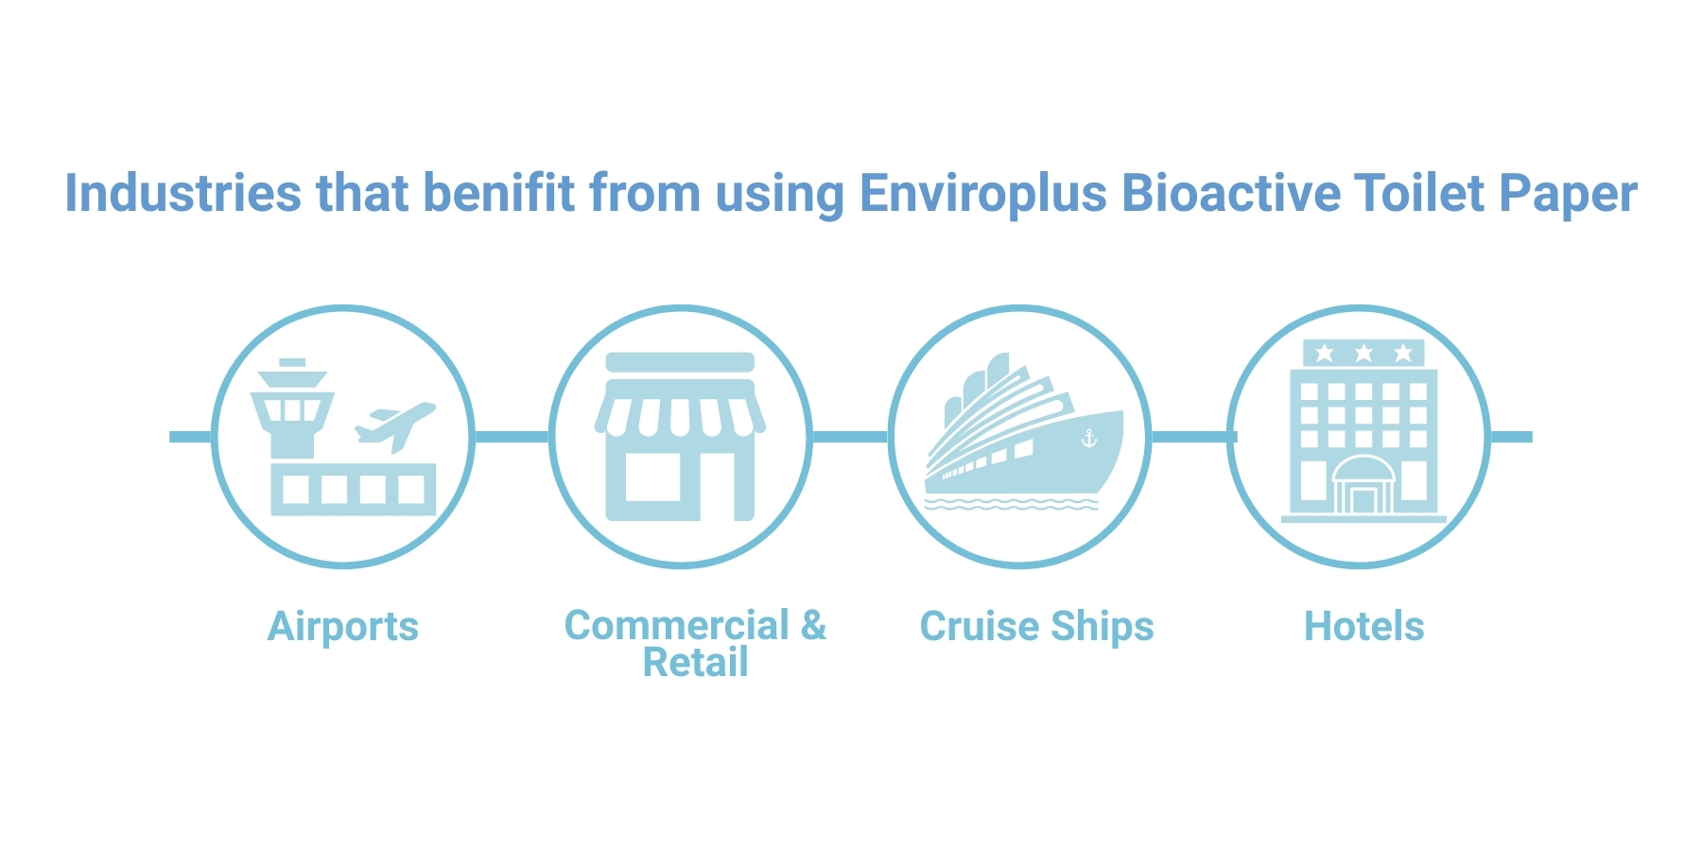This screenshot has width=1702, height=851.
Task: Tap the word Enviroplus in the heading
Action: click(982, 195)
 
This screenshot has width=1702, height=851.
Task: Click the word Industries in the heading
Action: click(182, 193)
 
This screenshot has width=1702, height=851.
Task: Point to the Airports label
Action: click(343, 628)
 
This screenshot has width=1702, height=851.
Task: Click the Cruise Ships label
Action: click(1036, 628)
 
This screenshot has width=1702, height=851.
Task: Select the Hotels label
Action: click(1363, 626)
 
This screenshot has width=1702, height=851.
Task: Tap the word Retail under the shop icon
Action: click(696, 662)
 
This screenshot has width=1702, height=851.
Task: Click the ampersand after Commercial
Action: click(813, 625)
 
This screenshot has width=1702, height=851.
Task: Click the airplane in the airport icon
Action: click(395, 425)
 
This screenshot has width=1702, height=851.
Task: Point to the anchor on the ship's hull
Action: click(1089, 438)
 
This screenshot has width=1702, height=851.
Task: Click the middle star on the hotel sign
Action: click(1363, 354)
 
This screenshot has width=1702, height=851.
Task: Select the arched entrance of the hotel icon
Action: click(1363, 484)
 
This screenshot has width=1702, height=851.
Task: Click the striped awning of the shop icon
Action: click(680, 408)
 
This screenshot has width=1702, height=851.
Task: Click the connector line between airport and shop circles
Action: click(512, 437)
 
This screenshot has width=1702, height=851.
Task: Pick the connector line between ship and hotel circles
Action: click(1190, 437)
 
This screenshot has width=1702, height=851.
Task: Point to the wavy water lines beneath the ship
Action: click(1011, 503)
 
